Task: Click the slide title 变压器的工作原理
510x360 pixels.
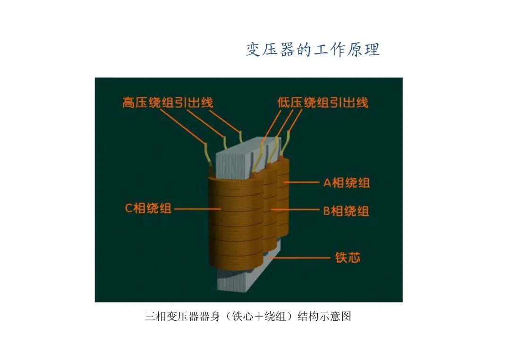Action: pos(313,49)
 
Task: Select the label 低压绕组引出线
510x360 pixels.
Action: pos(323,102)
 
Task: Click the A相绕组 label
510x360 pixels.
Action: pos(346,183)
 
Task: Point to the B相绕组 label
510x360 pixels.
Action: pos(346,211)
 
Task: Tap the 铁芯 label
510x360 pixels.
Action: pos(348,258)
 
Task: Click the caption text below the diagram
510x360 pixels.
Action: pos(248,316)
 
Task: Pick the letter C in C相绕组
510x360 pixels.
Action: pos(128,208)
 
